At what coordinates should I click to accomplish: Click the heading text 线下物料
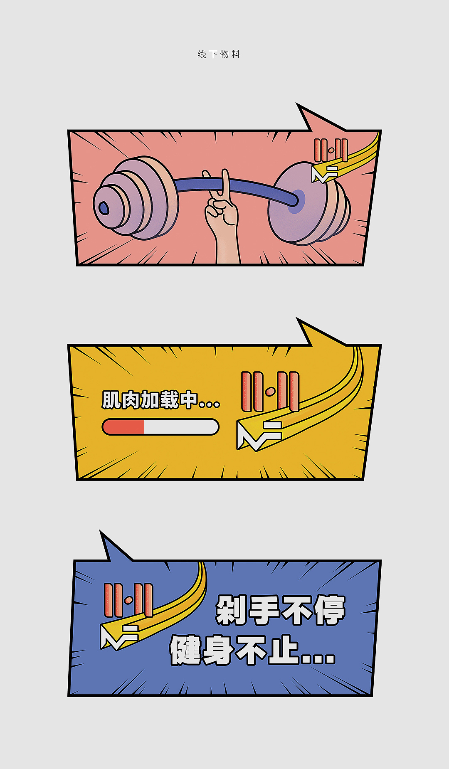[x=219, y=54]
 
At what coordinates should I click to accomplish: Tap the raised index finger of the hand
[x=225, y=183]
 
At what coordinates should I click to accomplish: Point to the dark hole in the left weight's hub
[x=104, y=208]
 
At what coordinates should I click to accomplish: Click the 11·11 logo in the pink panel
[x=331, y=150]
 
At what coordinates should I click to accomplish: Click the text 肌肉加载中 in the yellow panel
[x=150, y=400]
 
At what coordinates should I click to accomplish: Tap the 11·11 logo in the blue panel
[x=128, y=600]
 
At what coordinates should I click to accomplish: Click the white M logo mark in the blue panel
[x=118, y=636]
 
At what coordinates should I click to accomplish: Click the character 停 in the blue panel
[x=330, y=610]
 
